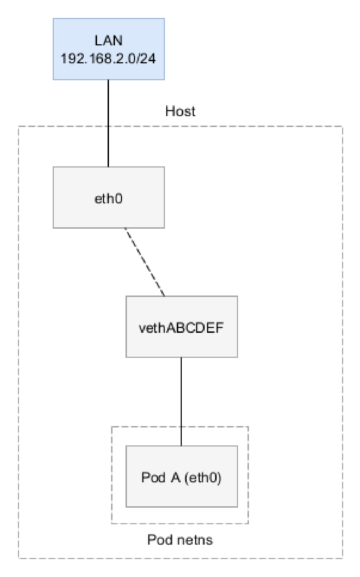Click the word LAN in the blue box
pyautogui.click(x=108, y=41)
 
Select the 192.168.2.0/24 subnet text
pyautogui.click(x=108, y=58)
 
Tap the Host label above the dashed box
pyautogui.click(x=180, y=111)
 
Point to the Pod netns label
pyautogui.click(x=180, y=539)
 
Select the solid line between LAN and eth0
pyautogui.click(x=108, y=123)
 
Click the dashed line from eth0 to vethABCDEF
pyautogui.click(x=145, y=262)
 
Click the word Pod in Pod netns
pyautogui.click(x=157, y=539)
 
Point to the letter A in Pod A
pyautogui.click(x=175, y=477)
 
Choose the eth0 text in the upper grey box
pyautogui.click(x=109, y=199)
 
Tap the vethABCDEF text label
pyautogui.click(x=181, y=328)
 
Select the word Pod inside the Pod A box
pyautogui.click(x=153, y=477)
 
